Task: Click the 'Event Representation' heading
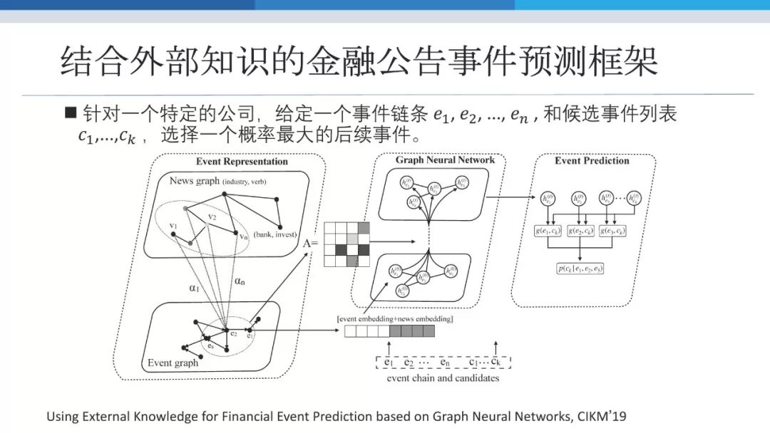click(242, 162)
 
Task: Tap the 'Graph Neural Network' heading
click(445, 160)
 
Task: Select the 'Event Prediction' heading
click(592, 161)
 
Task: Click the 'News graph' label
click(195, 181)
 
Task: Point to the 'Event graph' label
click(173, 363)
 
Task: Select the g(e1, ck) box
click(548, 231)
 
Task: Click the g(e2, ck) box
click(581, 231)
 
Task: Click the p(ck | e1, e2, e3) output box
click(581, 268)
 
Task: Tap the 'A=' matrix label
click(311, 244)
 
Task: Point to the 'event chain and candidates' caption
click(443, 378)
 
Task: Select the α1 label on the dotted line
click(193, 288)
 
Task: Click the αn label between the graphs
click(241, 281)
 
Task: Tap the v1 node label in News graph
click(173, 226)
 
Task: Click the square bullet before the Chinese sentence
click(70, 112)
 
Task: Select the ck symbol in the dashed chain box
click(496, 362)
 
